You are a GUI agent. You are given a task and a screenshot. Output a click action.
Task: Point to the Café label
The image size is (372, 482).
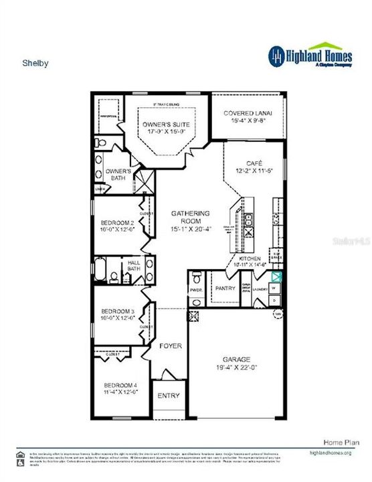pos(253,163)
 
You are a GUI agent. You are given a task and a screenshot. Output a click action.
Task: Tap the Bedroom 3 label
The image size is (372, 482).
pos(118,311)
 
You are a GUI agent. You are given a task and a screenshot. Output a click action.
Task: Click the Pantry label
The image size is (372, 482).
pos(225,289)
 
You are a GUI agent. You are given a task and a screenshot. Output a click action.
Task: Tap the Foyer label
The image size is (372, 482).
pos(170,347)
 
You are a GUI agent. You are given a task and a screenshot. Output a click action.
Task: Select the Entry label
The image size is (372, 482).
pos(169,396)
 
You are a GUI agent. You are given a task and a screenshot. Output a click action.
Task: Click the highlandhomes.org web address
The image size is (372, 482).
pos(330,453)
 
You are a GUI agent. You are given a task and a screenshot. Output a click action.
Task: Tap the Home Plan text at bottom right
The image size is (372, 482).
pos(332,443)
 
